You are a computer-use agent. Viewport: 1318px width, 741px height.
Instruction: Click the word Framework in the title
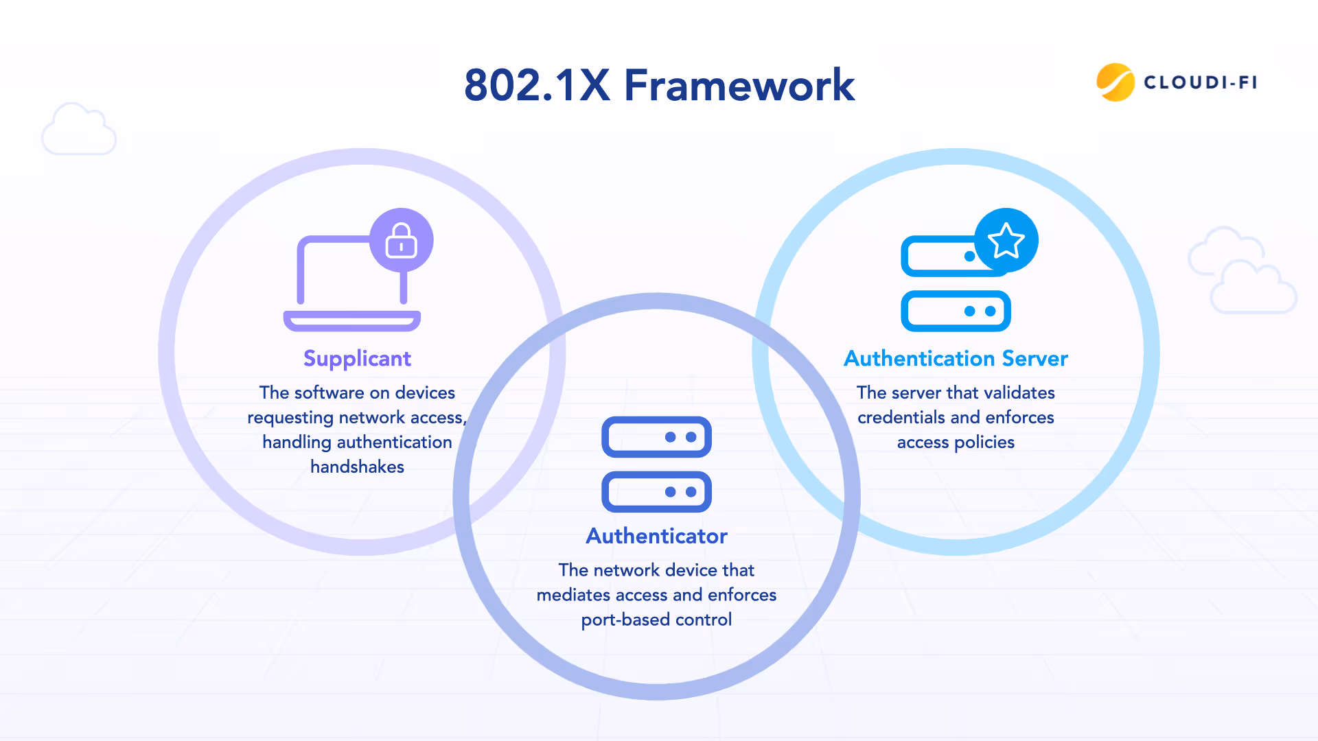739,86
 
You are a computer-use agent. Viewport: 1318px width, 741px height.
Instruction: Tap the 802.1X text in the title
537,86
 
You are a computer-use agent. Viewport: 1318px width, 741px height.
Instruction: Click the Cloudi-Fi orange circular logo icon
1115,82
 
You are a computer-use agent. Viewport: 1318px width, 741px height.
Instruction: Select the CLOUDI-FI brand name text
1201,82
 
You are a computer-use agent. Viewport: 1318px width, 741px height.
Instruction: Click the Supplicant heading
357,358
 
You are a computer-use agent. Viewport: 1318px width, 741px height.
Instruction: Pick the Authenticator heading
656,536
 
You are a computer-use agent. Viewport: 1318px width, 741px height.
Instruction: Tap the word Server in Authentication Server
1034,358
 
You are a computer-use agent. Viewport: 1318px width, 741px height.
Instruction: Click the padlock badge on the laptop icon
402,240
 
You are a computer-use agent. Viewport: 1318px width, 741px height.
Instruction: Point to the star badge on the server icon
1006,240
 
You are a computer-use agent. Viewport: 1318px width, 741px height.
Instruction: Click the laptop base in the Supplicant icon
351,321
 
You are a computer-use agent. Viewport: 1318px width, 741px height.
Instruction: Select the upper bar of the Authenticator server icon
656,437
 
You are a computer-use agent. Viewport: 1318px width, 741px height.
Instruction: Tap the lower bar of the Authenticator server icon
656,492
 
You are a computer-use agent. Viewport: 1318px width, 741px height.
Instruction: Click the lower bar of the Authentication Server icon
956,311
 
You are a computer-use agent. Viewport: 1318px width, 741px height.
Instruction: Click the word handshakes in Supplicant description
357,467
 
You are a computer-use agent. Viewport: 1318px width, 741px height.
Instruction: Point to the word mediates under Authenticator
573,595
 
